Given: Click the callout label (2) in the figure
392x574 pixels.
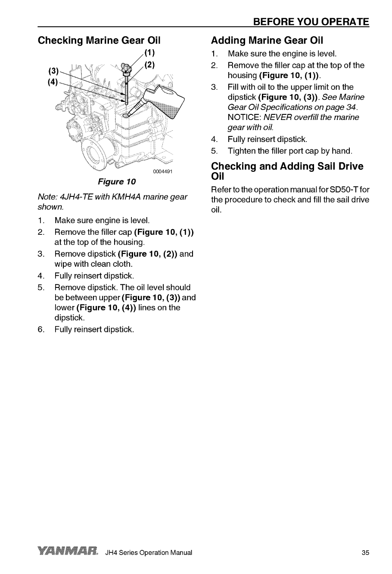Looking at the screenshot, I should point(149,66).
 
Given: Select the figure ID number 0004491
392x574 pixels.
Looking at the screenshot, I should point(162,171).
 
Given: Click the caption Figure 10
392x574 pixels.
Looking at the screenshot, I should point(117,181).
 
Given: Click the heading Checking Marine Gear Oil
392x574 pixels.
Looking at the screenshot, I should point(99,41).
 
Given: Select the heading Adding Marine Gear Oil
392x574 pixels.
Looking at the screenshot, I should point(267,41).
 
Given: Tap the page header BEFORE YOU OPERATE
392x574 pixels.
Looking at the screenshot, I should point(311,22).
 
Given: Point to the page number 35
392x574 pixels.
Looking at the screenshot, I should point(365,553).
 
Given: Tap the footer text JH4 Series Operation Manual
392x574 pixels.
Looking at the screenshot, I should point(149,553).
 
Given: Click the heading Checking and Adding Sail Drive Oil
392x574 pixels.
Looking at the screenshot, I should point(287,171).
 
